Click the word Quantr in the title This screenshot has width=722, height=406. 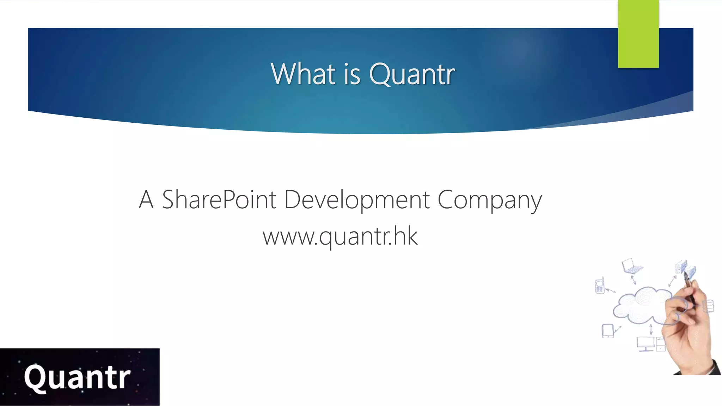(412, 74)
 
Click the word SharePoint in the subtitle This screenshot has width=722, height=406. (219, 199)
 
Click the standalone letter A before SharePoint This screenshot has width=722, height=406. (146, 199)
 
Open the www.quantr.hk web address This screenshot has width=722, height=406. (340, 236)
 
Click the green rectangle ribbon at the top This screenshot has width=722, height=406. (638, 34)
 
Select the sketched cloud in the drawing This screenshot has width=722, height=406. (640, 305)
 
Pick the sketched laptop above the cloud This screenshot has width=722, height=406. (632, 266)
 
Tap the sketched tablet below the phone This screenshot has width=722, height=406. (607, 331)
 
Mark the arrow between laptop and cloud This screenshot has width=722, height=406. (634, 280)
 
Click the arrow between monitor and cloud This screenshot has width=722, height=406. (651, 330)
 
